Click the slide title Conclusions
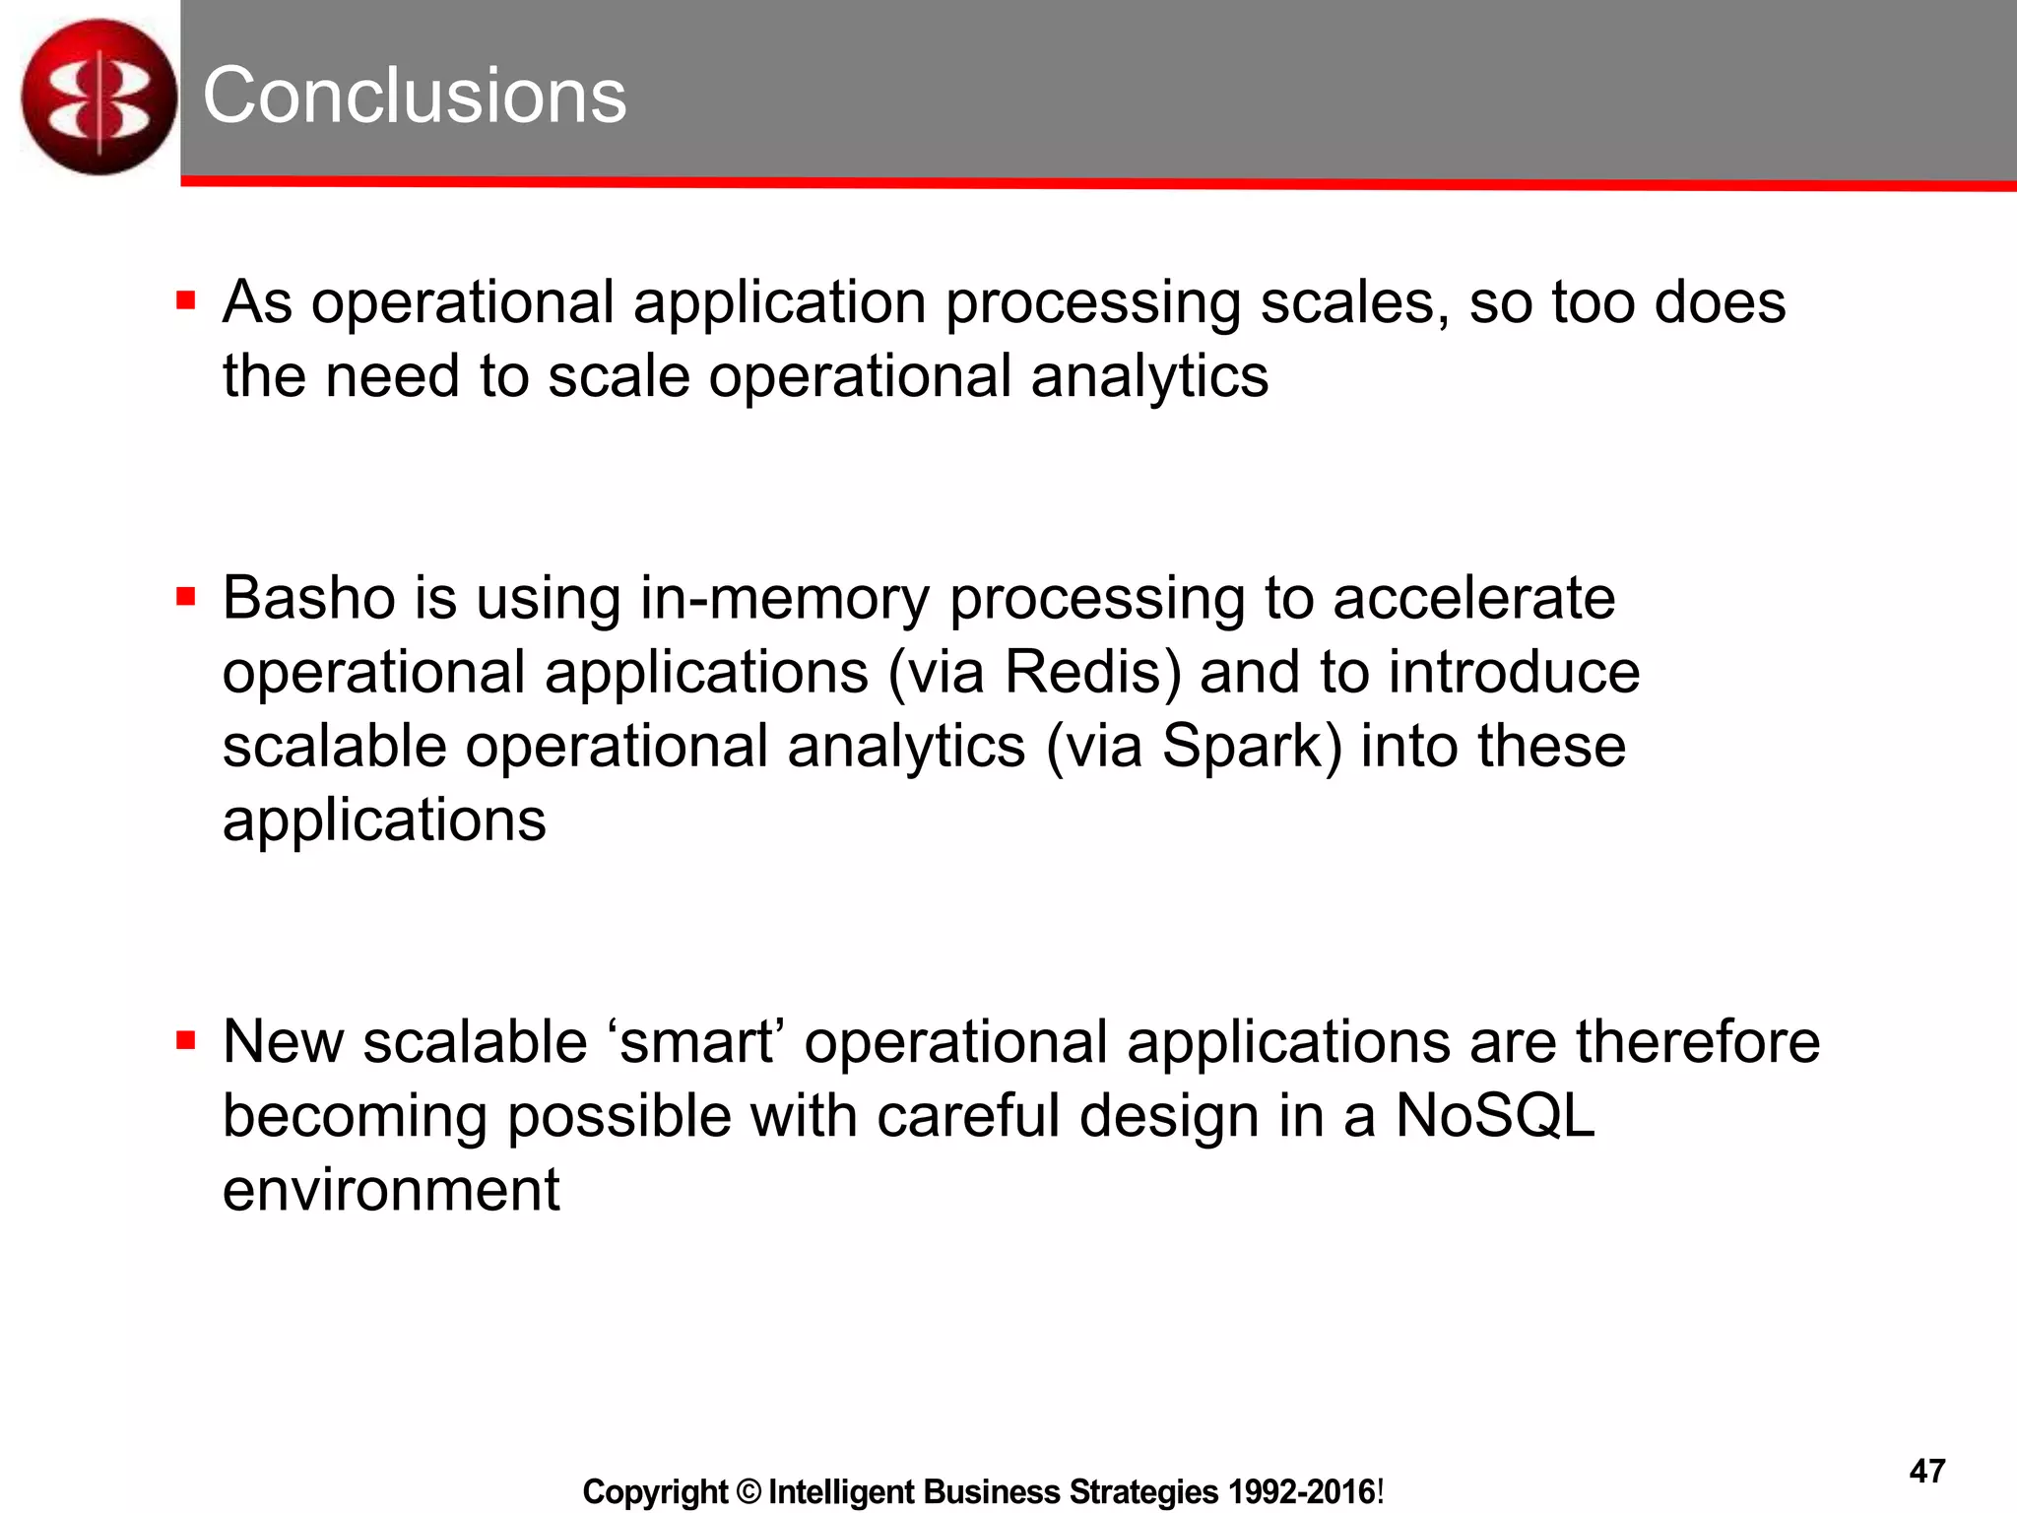click(x=414, y=96)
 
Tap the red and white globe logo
click(x=98, y=97)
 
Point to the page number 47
click(x=1926, y=1471)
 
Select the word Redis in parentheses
click(x=1092, y=673)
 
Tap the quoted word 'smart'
click(x=695, y=1042)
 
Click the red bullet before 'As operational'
click(x=185, y=299)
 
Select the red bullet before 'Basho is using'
click(x=185, y=596)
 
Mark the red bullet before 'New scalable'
click(x=185, y=1040)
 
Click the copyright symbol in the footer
click(x=748, y=1492)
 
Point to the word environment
click(x=391, y=1190)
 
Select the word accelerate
click(x=1473, y=598)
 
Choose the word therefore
click(x=1697, y=1042)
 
